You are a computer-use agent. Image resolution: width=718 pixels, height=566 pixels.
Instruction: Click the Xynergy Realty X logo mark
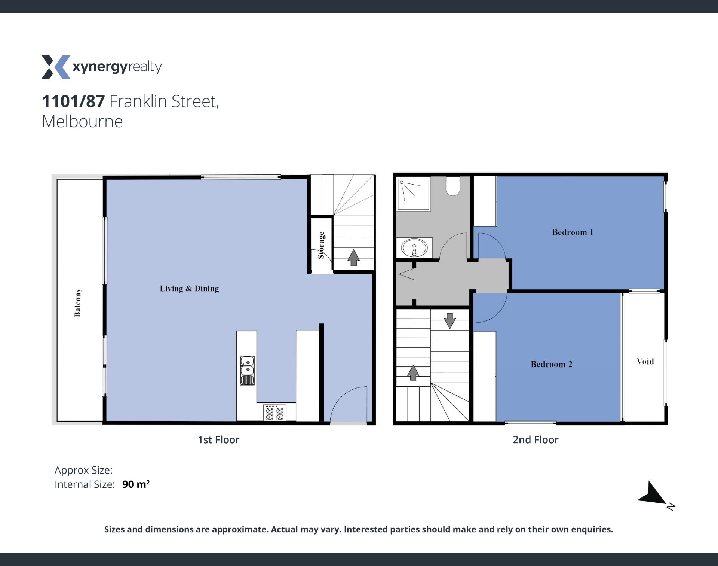56,67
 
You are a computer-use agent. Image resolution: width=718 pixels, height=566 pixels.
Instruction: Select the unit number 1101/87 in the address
73,101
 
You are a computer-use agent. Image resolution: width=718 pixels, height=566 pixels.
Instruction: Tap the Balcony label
77,302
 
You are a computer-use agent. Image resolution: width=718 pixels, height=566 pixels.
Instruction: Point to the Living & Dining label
189,289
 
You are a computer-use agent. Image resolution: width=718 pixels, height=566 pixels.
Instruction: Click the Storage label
321,245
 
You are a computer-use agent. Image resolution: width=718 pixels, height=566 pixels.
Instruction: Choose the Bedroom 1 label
573,232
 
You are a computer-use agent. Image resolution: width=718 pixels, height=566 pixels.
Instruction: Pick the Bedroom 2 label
551,364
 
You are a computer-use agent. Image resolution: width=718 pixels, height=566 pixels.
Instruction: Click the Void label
645,361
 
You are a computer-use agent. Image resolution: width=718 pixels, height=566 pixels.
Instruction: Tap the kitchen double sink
247,370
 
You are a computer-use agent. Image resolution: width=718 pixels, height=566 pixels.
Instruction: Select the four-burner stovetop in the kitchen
275,413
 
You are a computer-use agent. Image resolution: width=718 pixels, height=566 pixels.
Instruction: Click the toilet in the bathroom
453,186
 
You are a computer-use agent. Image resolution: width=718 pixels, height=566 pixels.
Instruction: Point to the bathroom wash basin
414,247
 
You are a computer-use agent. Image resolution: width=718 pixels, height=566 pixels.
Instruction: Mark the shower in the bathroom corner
414,194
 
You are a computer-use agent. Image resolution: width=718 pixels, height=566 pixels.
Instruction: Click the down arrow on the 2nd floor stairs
449,321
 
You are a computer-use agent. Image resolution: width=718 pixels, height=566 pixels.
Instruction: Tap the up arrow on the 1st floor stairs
353,258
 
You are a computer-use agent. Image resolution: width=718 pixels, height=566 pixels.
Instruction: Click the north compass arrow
653,493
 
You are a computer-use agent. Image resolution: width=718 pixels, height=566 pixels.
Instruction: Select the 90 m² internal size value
136,484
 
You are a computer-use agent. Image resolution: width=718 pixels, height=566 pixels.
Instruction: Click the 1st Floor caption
218,440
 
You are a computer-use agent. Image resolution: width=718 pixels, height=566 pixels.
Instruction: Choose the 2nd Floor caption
536,440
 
